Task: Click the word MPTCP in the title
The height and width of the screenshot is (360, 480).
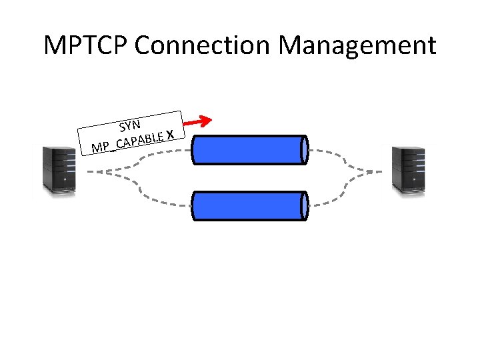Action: pos(87,45)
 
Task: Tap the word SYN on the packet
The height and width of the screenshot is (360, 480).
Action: pos(129,124)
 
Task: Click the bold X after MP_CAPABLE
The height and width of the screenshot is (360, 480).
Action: pos(171,135)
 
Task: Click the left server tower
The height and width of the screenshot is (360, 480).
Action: pos(59,170)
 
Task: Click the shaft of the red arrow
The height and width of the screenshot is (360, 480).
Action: pos(193,123)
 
